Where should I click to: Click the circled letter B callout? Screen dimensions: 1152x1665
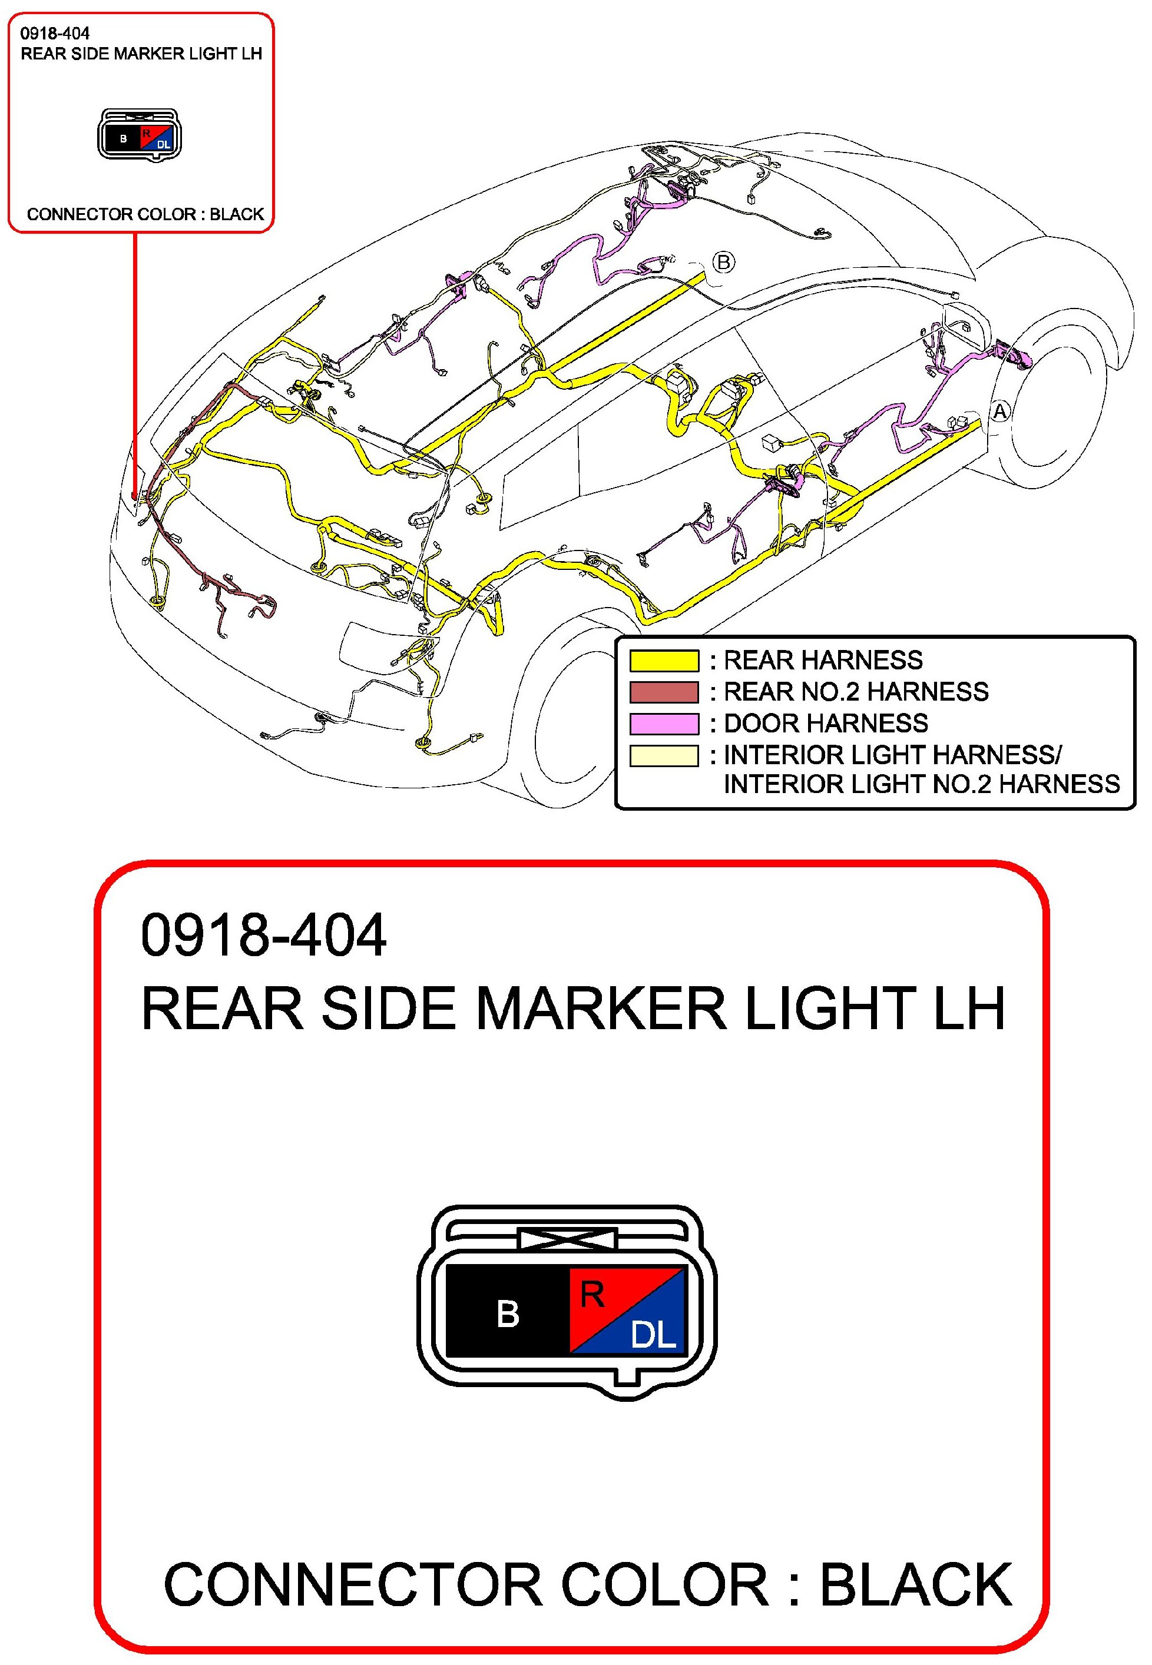tap(723, 262)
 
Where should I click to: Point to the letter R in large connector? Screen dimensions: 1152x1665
tap(592, 1295)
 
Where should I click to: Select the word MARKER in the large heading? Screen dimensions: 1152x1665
tap(601, 1009)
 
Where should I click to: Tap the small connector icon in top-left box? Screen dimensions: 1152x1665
tap(140, 135)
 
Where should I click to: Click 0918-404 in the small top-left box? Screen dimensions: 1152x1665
tap(55, 33)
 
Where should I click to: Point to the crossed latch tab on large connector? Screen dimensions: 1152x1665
tap(568, 1239)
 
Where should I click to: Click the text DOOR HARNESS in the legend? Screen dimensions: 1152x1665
tap(825, 724)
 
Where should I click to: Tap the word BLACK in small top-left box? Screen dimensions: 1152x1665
tap(237, 214)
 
